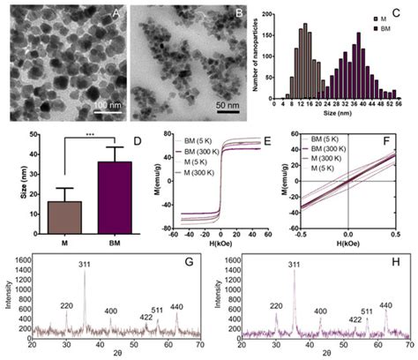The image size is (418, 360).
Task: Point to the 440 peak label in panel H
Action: point(385,305)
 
